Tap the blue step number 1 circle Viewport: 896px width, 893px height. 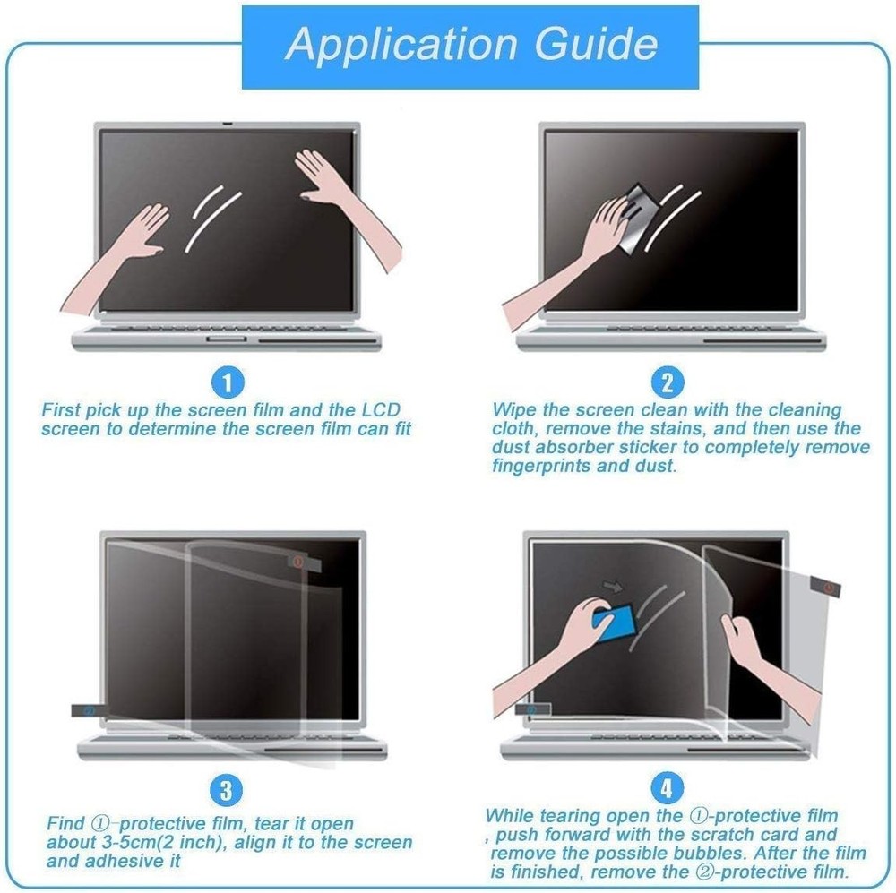[x=228, y=383]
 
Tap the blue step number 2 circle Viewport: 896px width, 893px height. [x=667, y=383]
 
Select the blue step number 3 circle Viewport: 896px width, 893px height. [x=227, y=791]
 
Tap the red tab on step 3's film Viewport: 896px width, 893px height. [x=297, y=561]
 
